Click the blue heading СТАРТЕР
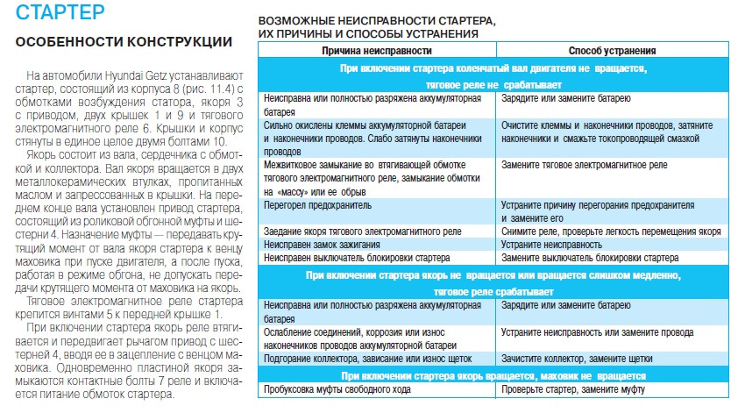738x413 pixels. [x=63, y=13]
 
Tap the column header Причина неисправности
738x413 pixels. [x=379, y=52]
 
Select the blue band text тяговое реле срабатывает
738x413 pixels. [x=498, y=290]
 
